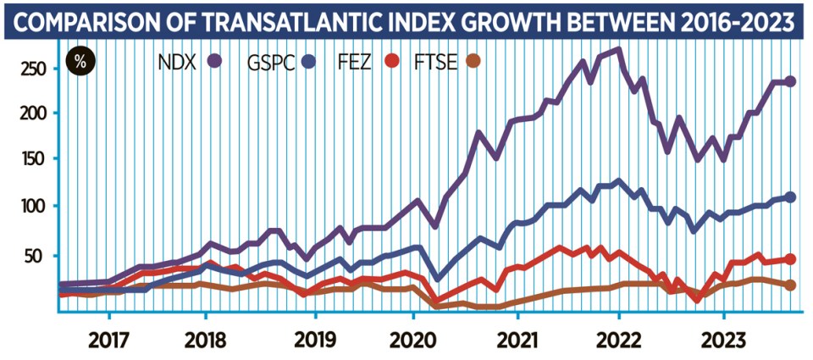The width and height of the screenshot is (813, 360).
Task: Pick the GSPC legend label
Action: pyautogui.click(x=271, y=62)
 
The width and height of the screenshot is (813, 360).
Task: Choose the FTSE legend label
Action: pyautogui.click(x=432, y=62)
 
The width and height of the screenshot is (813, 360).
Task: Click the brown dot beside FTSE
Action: pyautogui.click(x=473, y=62)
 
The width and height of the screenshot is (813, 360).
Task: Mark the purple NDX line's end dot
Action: pyautogui.click(x=790, y=81)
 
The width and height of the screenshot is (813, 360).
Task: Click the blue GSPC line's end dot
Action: pyautogui.click(x=790, y=197)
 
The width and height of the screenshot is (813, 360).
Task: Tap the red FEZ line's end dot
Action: pyautogui.click(x=790, y=259)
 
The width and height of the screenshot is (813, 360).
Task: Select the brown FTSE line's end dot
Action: pyautogui.click(x=790, y=285)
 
